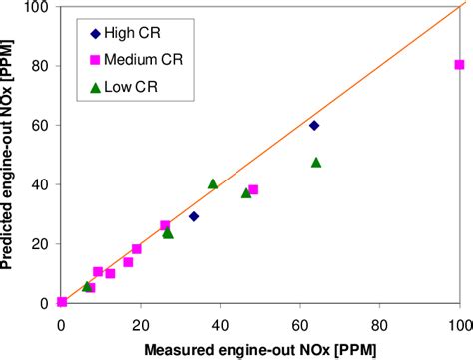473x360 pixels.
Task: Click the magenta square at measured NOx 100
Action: click(x=459, y=65)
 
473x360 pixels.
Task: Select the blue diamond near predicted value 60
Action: click(x=314, y=125)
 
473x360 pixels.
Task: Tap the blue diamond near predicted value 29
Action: click(x=194, y=216)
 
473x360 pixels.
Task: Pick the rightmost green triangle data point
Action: click(x=316, y=162)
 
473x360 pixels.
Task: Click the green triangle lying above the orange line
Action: click(x=213, y=183)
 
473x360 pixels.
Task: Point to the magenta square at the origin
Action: click(x=62, y=301)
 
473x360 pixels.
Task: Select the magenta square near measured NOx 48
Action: click(x=253, y=189)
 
